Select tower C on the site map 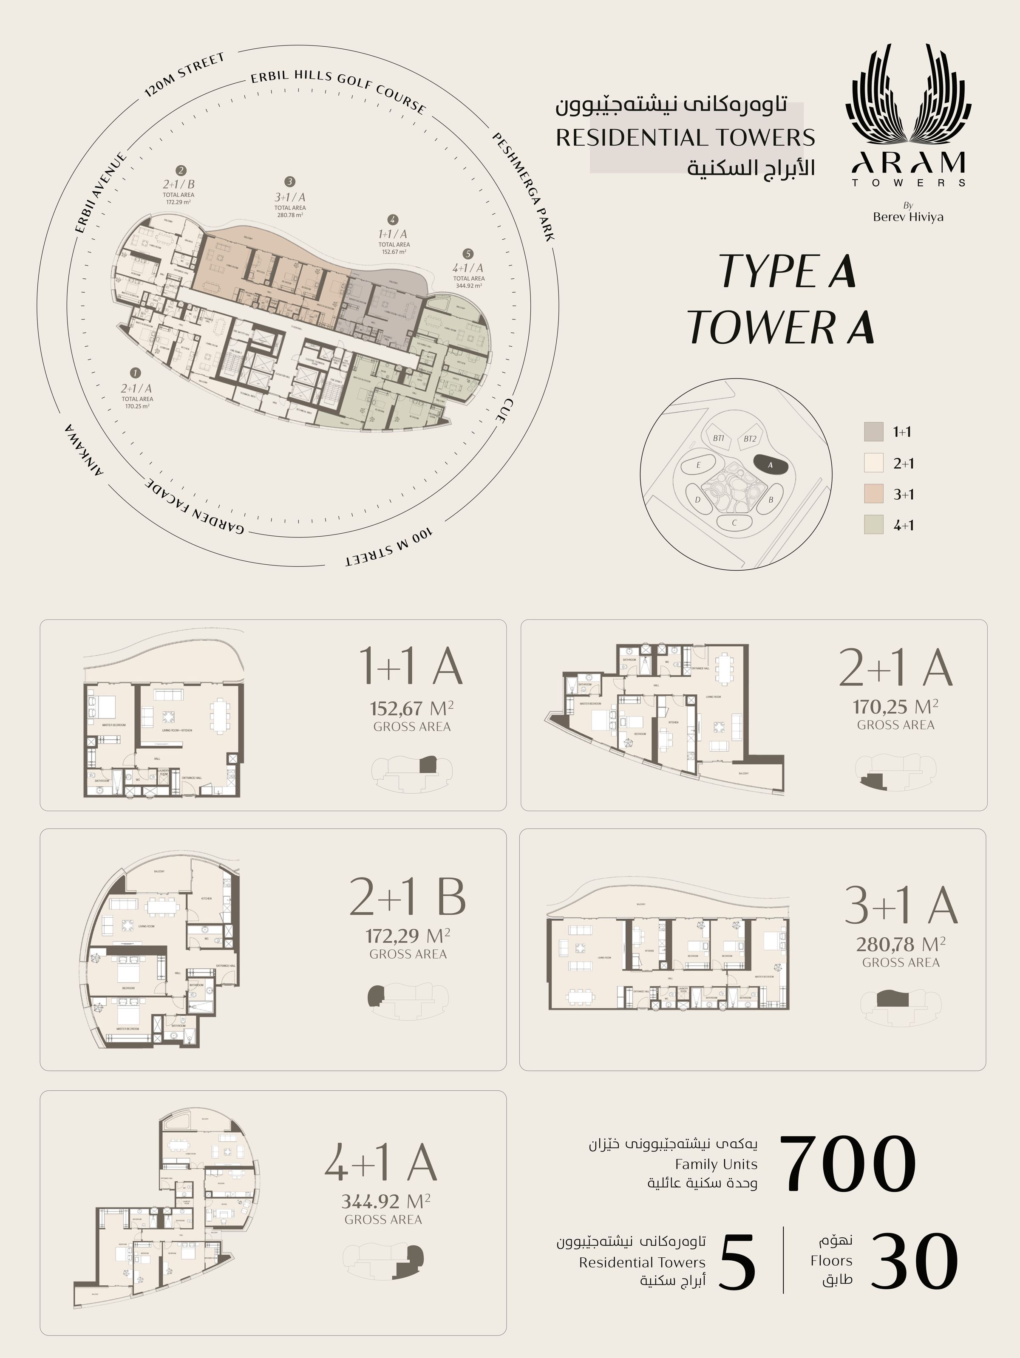[x=734, y=523]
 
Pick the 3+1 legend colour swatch [x=873, y=494]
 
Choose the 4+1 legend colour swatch [x=873, y=524]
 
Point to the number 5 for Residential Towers [x=736, y=1262]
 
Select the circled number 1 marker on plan [x=136, y=373]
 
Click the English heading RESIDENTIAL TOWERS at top [x=686, y=138]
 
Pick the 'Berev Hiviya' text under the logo [x=908, y=217]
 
